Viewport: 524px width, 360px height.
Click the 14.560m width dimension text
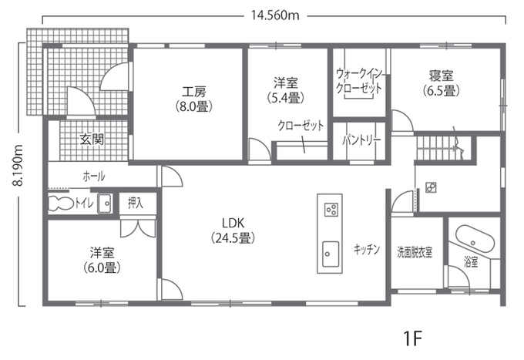pos(275,15)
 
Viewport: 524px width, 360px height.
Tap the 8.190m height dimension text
pos(17,166)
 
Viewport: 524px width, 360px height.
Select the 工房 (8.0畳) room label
pos(194,99)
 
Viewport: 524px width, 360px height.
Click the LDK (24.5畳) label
pos(233,230)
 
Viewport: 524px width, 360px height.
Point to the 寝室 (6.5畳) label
pos(441,82)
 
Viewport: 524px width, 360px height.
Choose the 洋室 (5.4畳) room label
pos(286,89)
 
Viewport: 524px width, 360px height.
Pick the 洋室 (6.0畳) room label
pos(102,260)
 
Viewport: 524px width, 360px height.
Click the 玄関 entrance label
pos(91,139)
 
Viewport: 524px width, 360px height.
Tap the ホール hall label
pos(94,177)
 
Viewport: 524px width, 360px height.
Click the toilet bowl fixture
pos(61,204)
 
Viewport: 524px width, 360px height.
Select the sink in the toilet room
pos(106,203)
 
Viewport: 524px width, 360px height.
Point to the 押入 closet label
pos(136,203)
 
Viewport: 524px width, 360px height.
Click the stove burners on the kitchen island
pos(331,210)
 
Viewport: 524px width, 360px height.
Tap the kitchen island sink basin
pos(331,254)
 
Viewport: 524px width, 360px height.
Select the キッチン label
pos(367,249)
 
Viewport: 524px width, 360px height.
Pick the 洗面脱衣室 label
pos(415,252)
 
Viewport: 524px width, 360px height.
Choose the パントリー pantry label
pos(361,140)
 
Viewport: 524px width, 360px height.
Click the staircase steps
pos(438,148)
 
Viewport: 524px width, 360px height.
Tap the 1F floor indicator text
pos(413,339)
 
